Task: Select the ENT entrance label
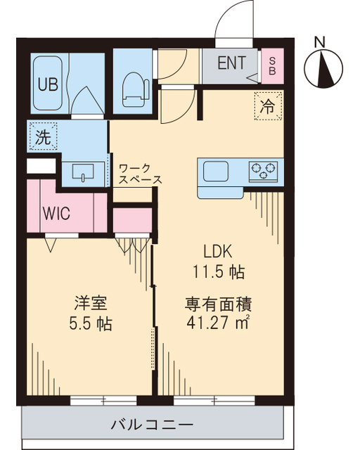pyautogui.click(x=231, y=63)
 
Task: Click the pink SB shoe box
pyautogui.click(x=271, y=65)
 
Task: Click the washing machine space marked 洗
pyautogui.click(x=43, y=137)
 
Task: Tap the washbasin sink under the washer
pyautogui.click(x=84, y=173)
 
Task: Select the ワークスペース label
pyautogui.click(x=140, y=174)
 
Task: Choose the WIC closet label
pyautogui.click(x=56, y=214)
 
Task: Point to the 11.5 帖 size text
pyautogui.click(x=218, y=271)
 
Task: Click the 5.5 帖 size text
pyautogui.click(x=89, y=325)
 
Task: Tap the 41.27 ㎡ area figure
pyautogui.click(x=218, y=325)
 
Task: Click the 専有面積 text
pyautogui.click(x=218, y=305)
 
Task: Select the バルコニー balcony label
pyautogui.click(x=152, y=425)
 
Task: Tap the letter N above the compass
pyautogui.click(x=320, y=41)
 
